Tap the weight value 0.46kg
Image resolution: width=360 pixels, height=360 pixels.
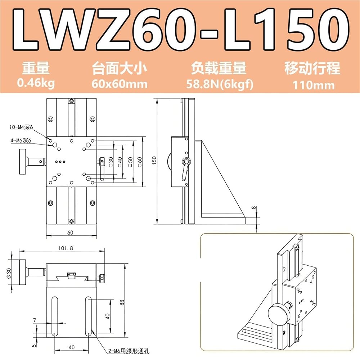pos(36,83)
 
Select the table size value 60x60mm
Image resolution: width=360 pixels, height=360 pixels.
pos(120,84)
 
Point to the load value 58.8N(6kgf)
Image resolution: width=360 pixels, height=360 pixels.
pos(220,84)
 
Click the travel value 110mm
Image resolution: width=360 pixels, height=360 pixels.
pos(314,85)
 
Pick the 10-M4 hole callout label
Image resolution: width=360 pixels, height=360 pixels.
pos(21,127)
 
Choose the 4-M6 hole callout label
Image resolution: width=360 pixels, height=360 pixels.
pos(21,140)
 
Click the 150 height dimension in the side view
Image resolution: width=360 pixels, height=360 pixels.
pos(154,160)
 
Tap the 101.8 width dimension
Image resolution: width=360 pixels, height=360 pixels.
pos(66,248)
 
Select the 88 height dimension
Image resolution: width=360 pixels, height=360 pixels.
pos(122,302)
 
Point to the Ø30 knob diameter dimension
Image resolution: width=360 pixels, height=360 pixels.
pos(9,273)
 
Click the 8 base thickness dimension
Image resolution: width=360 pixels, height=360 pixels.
pos(253,208)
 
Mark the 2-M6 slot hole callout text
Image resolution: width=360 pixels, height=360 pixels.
pos(129,351)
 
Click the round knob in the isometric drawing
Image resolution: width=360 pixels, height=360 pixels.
pos(278,314)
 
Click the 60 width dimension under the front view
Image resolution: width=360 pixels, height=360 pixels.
pos(70,233)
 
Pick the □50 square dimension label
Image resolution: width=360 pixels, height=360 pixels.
pos(130,162)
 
